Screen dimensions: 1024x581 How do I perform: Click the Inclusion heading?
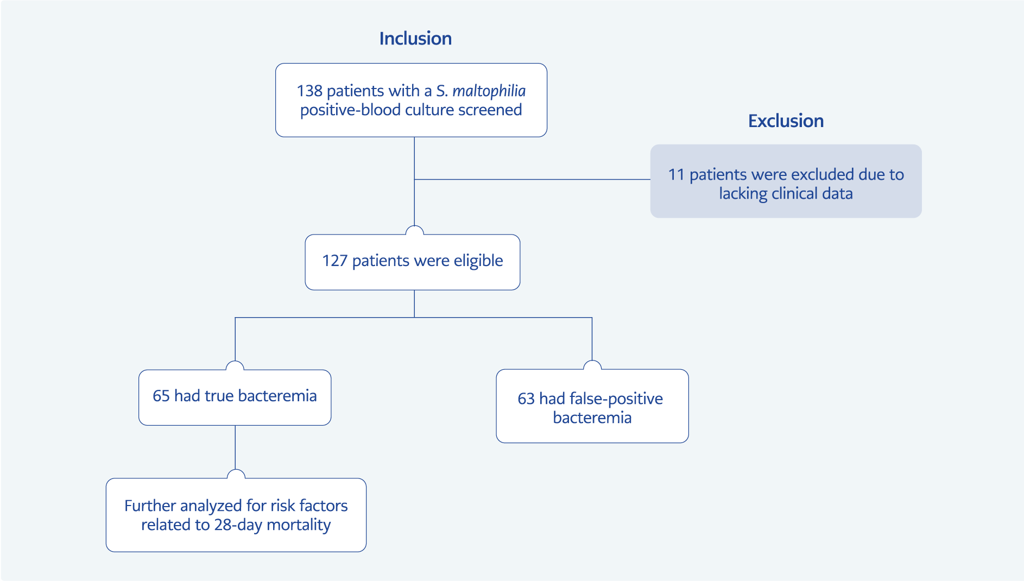tap(415, 39)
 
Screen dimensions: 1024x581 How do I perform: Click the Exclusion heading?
tap(786, 121)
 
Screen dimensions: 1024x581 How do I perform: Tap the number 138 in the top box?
tap(309, 91)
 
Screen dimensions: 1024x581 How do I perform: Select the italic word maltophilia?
tap(489, 91)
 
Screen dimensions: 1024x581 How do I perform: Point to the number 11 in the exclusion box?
tap(676, 174)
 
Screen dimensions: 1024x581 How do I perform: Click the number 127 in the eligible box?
tap(334, 261)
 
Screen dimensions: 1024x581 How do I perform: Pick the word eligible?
tap(478, 261)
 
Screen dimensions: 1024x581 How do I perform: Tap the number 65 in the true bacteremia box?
tap(161, 396)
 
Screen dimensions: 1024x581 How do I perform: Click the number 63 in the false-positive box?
tap(526, 399)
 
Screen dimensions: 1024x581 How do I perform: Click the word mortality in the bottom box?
tap(299, 525)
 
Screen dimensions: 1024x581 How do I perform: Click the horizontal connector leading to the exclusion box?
tap(532, 179)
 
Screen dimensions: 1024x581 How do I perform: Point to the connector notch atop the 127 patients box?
tap(414, 230)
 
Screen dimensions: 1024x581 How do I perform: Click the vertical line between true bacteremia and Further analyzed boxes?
tap(235, 447)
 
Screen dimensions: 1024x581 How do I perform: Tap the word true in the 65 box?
tap(219, 396)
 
